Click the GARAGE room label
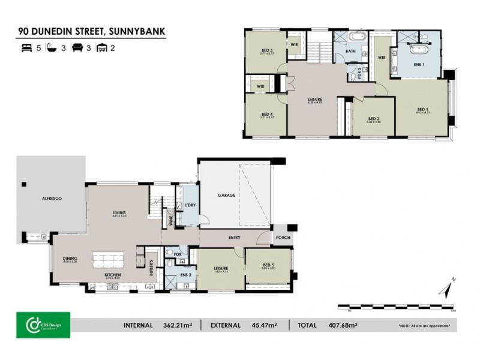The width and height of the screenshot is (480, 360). [226, 195]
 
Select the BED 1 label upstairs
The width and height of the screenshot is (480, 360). [424, 109]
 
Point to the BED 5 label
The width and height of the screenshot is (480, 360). [268, 265]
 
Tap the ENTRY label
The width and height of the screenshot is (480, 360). [235, 238]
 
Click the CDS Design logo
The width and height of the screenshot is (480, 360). [43, 325]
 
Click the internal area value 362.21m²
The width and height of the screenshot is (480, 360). [176, 325]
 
